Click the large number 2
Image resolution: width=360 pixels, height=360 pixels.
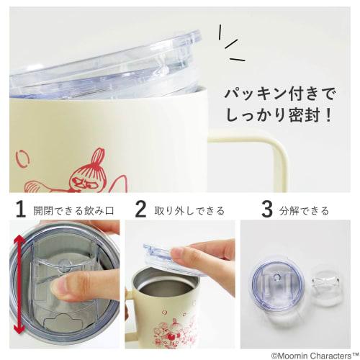tap(141, 210)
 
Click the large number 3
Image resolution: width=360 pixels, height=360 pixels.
tap(266, 210)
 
